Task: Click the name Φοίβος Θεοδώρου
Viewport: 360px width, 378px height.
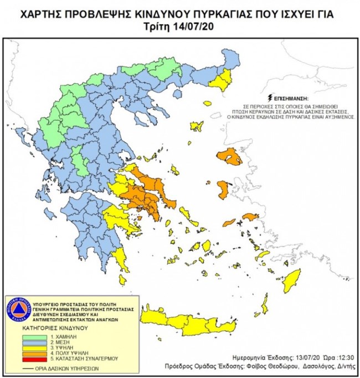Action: tap(265, 367)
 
